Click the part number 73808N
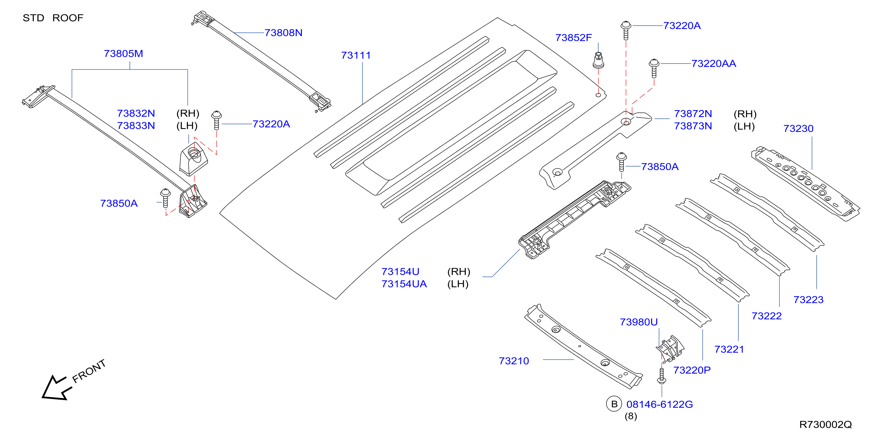click(283, 33)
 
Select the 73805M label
click(123, 54)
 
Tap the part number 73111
click(356, 55)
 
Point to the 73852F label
click(573, 38)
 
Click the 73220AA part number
click(714, 64)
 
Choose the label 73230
click(798, 128)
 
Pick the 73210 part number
click(514, 361)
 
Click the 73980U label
click(639, 322)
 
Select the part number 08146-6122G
click(660, 404)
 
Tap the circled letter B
click(614, 404)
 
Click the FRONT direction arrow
click(57, 388)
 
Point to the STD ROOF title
click(53, 18)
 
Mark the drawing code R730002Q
click(825, 425)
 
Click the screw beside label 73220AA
click(654, 68)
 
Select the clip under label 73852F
click(598, 60)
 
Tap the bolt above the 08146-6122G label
click(661, 376)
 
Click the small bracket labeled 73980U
click(670, 349)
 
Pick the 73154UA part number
click(404, 284)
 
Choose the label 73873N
click(693, 126)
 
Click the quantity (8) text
click(631, 416)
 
